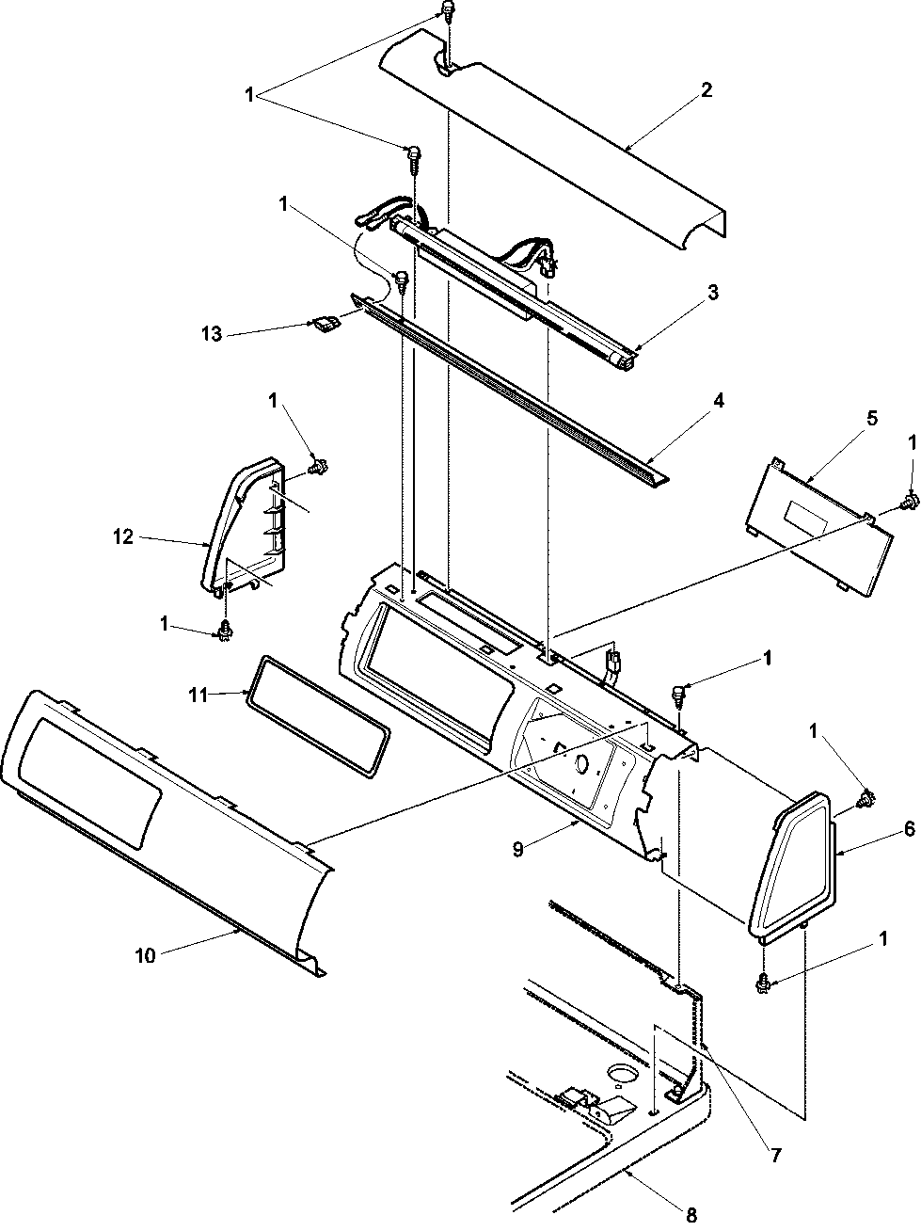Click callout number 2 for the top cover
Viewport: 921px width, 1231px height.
707,90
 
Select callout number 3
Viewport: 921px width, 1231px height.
712,292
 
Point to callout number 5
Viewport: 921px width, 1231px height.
872,419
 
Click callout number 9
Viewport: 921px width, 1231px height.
518,850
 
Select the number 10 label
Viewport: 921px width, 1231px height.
145,955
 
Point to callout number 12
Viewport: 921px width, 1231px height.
123,536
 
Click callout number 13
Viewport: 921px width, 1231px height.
212,334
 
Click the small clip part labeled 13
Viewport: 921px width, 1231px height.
326,323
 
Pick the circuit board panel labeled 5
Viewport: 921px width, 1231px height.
820,527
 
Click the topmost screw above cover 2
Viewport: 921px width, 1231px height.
448,12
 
